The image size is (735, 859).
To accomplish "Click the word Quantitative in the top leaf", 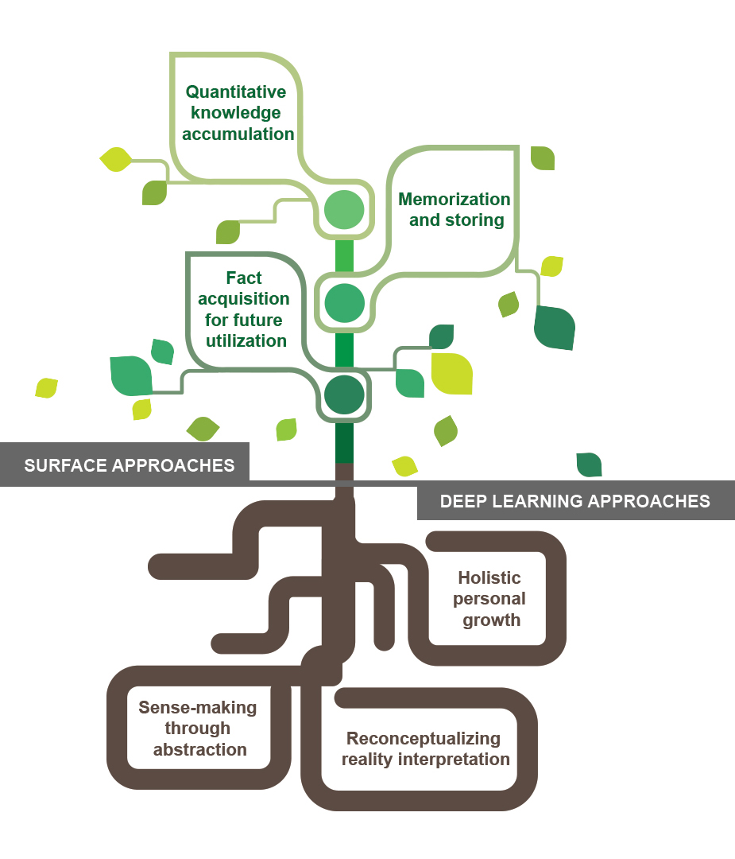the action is (x=235, y=92).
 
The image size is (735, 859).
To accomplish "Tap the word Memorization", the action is (x=455, y=199).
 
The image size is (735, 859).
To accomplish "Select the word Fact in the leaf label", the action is (x=244, y=278).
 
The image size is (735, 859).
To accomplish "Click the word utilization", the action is (x=246, y=340).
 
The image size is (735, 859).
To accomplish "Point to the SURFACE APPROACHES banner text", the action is (x=130, y=465).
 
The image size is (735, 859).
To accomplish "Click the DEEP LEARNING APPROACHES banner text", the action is (x=575, y=501).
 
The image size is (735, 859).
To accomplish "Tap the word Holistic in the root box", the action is (x=489, y=578).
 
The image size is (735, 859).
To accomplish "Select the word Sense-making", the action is (x=198, y=707).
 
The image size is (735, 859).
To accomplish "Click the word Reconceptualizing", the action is (x=424, y=738).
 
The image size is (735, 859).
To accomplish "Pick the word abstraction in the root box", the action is (x=199, y=749).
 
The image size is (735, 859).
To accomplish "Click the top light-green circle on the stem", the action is (x=344, y=210).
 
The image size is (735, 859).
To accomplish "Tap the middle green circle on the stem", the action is (x=344, y=303).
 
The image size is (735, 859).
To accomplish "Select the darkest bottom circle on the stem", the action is (x=344, y=395).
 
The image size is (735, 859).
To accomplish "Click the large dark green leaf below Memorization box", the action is (x=555, y=327).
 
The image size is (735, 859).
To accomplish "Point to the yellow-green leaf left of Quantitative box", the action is (x=116, y=159).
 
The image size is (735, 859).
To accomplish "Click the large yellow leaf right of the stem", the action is (x=451, y=374).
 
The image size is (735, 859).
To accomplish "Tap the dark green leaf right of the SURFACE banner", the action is (x=590, y=464).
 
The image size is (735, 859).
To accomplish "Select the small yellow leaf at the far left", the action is (x=47, y=388).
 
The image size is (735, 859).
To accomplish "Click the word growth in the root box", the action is (x=492, y=620).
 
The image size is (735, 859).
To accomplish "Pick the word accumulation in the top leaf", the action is (x=238, y=134).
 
